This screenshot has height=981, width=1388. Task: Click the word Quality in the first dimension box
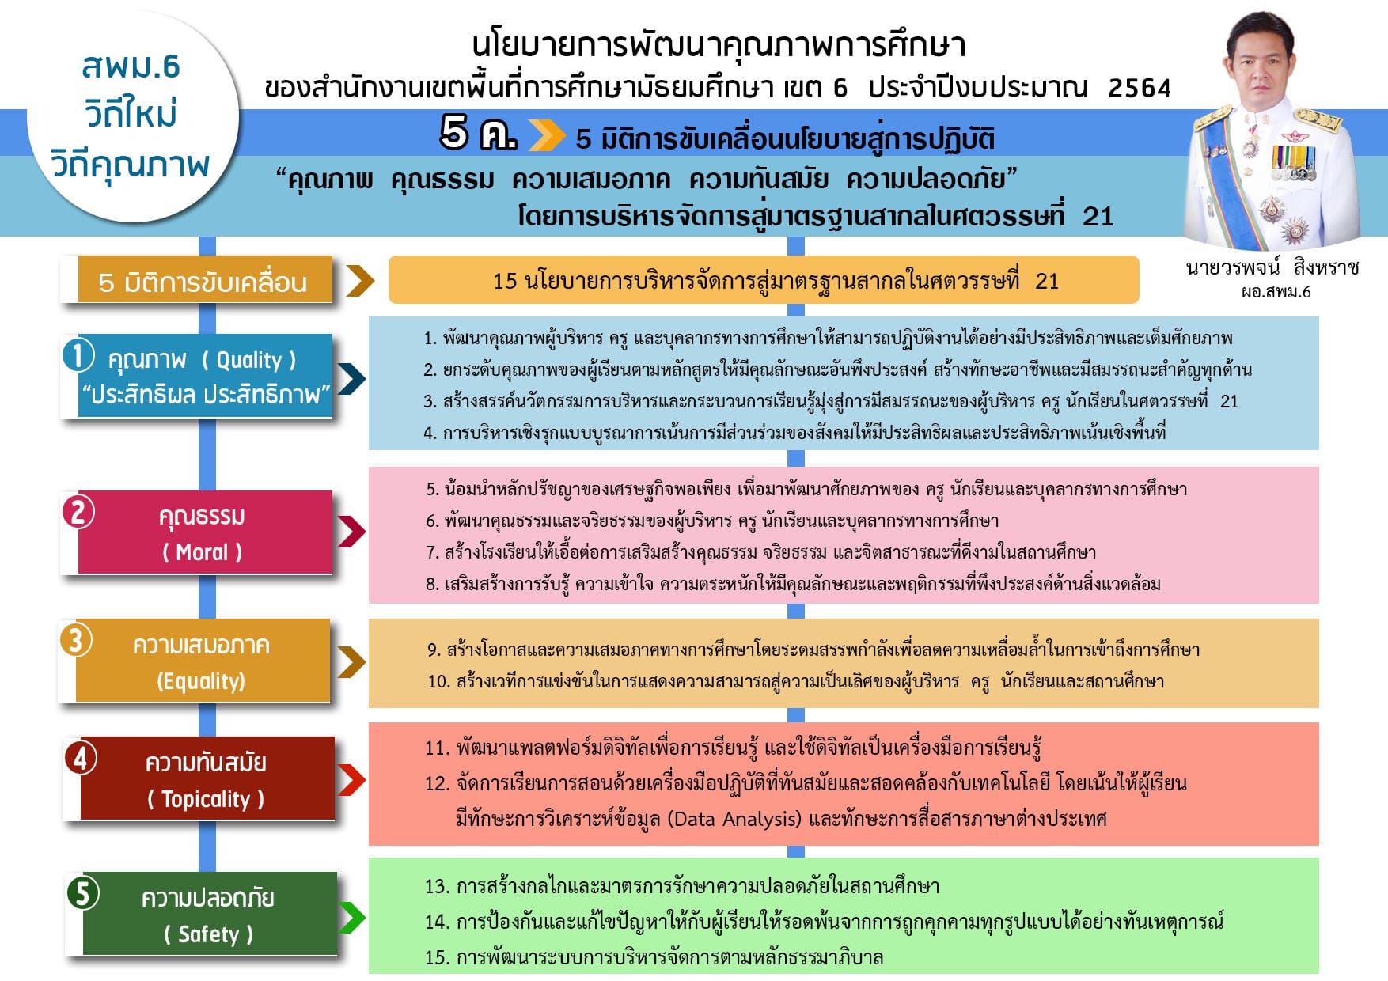point(248,360)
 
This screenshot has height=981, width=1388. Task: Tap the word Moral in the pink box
point(202,552)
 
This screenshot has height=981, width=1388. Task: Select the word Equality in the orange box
point(201,681)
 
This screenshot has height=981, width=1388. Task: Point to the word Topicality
point(206,799)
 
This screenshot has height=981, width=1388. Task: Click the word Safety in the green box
point(208,934)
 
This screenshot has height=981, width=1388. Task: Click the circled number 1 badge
point(78,354)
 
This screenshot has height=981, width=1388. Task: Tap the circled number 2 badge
point(78,512)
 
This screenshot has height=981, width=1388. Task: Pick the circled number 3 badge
point(75,639)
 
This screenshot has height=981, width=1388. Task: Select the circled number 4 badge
point(81,758)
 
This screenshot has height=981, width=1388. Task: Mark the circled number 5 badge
point(82,892)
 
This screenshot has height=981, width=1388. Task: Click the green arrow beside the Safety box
point(352,918)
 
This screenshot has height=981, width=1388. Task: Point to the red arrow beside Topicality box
point(351,780)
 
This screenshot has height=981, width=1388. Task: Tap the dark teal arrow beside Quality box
point(351,378)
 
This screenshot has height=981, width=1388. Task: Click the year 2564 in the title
point(1139,88)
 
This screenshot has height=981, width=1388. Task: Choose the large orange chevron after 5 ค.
point(546,135)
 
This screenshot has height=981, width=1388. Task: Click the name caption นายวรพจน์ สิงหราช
point(1272,267)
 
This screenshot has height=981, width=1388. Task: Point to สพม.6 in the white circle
point(131,67)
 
